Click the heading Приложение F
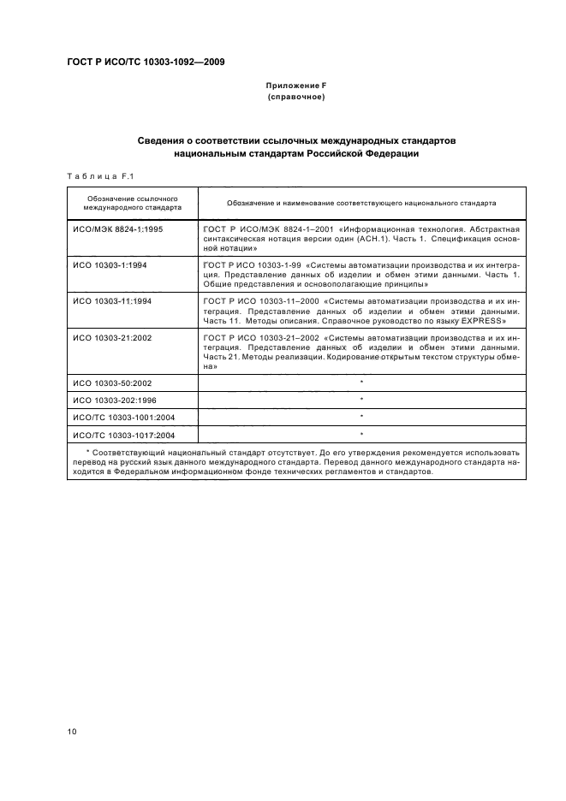[295, 86]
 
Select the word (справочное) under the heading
[295, 98]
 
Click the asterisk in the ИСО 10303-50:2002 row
[361, 382]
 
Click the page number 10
[72, 730]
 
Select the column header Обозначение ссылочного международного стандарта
[132, 202]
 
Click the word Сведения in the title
[164, 139]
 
